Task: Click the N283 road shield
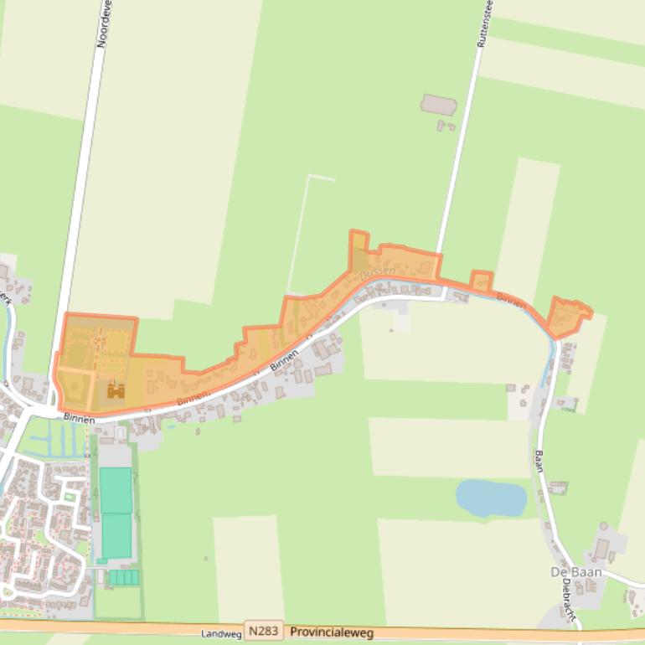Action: tap(264, 632)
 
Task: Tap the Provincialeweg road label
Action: tap(332, 632)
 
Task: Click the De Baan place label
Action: tap(575, 572)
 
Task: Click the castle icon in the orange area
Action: tap(116, 390)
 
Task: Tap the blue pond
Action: tap(491, 498)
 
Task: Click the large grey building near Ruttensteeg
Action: tap(438, 105)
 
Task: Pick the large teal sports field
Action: tap(116, 513)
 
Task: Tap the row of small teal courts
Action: tap(123, 577)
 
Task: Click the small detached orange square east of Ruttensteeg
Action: tap(481, 281)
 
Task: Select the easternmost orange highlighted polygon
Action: tap(567, 317)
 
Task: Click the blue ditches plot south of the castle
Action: tap(61, 437)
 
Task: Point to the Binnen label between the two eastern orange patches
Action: tap(511, 300)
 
